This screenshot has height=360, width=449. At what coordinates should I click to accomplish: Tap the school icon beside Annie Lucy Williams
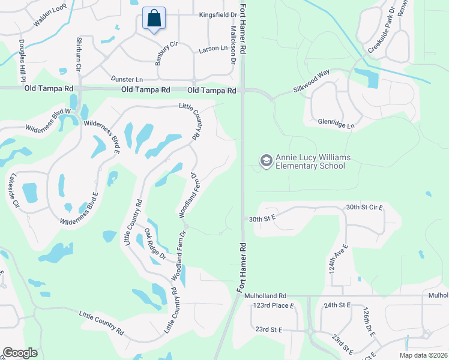tap(266, 161)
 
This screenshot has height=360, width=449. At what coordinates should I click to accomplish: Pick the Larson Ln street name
tap(213, 47)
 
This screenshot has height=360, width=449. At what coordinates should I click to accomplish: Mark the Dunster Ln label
tap(127, 79)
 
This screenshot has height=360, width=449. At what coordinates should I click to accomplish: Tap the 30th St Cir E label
tap(364, 207)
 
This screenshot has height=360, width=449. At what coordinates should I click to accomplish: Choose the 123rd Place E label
tap(274, 305)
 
